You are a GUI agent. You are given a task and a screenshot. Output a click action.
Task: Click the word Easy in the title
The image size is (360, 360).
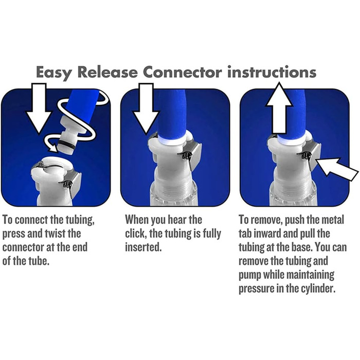click(x=54, y=73)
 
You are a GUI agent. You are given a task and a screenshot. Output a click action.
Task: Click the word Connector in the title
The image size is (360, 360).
click(x=182, y=72)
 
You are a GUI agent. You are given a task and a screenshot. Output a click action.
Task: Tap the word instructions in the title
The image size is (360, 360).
click(x=272, y=72)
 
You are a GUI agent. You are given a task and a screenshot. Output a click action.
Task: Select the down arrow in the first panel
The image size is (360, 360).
click(x=39, y=109)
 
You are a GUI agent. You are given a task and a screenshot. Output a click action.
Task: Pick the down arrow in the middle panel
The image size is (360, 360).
click(x=146, y=109)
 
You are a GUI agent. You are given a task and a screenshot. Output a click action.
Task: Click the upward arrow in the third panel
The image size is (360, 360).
click(x=279, y=108)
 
